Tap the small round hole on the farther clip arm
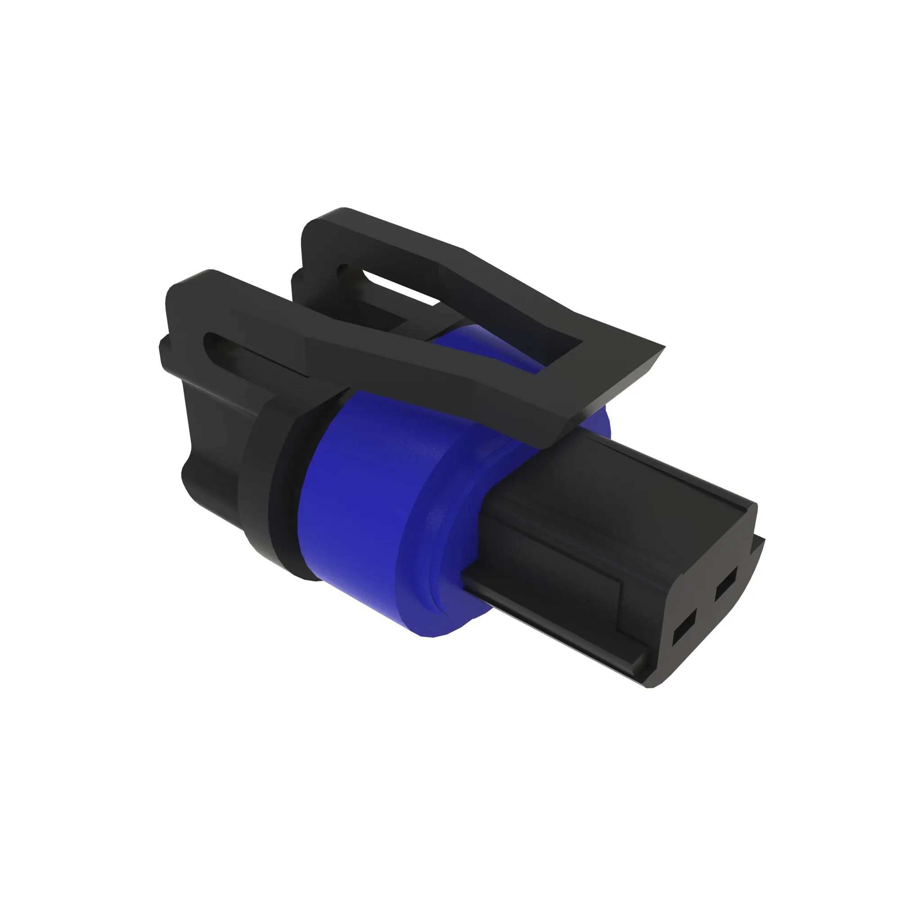[x=343, y=269]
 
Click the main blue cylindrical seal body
[x=354, y=503]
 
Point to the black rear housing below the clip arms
[x=205, y=447]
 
